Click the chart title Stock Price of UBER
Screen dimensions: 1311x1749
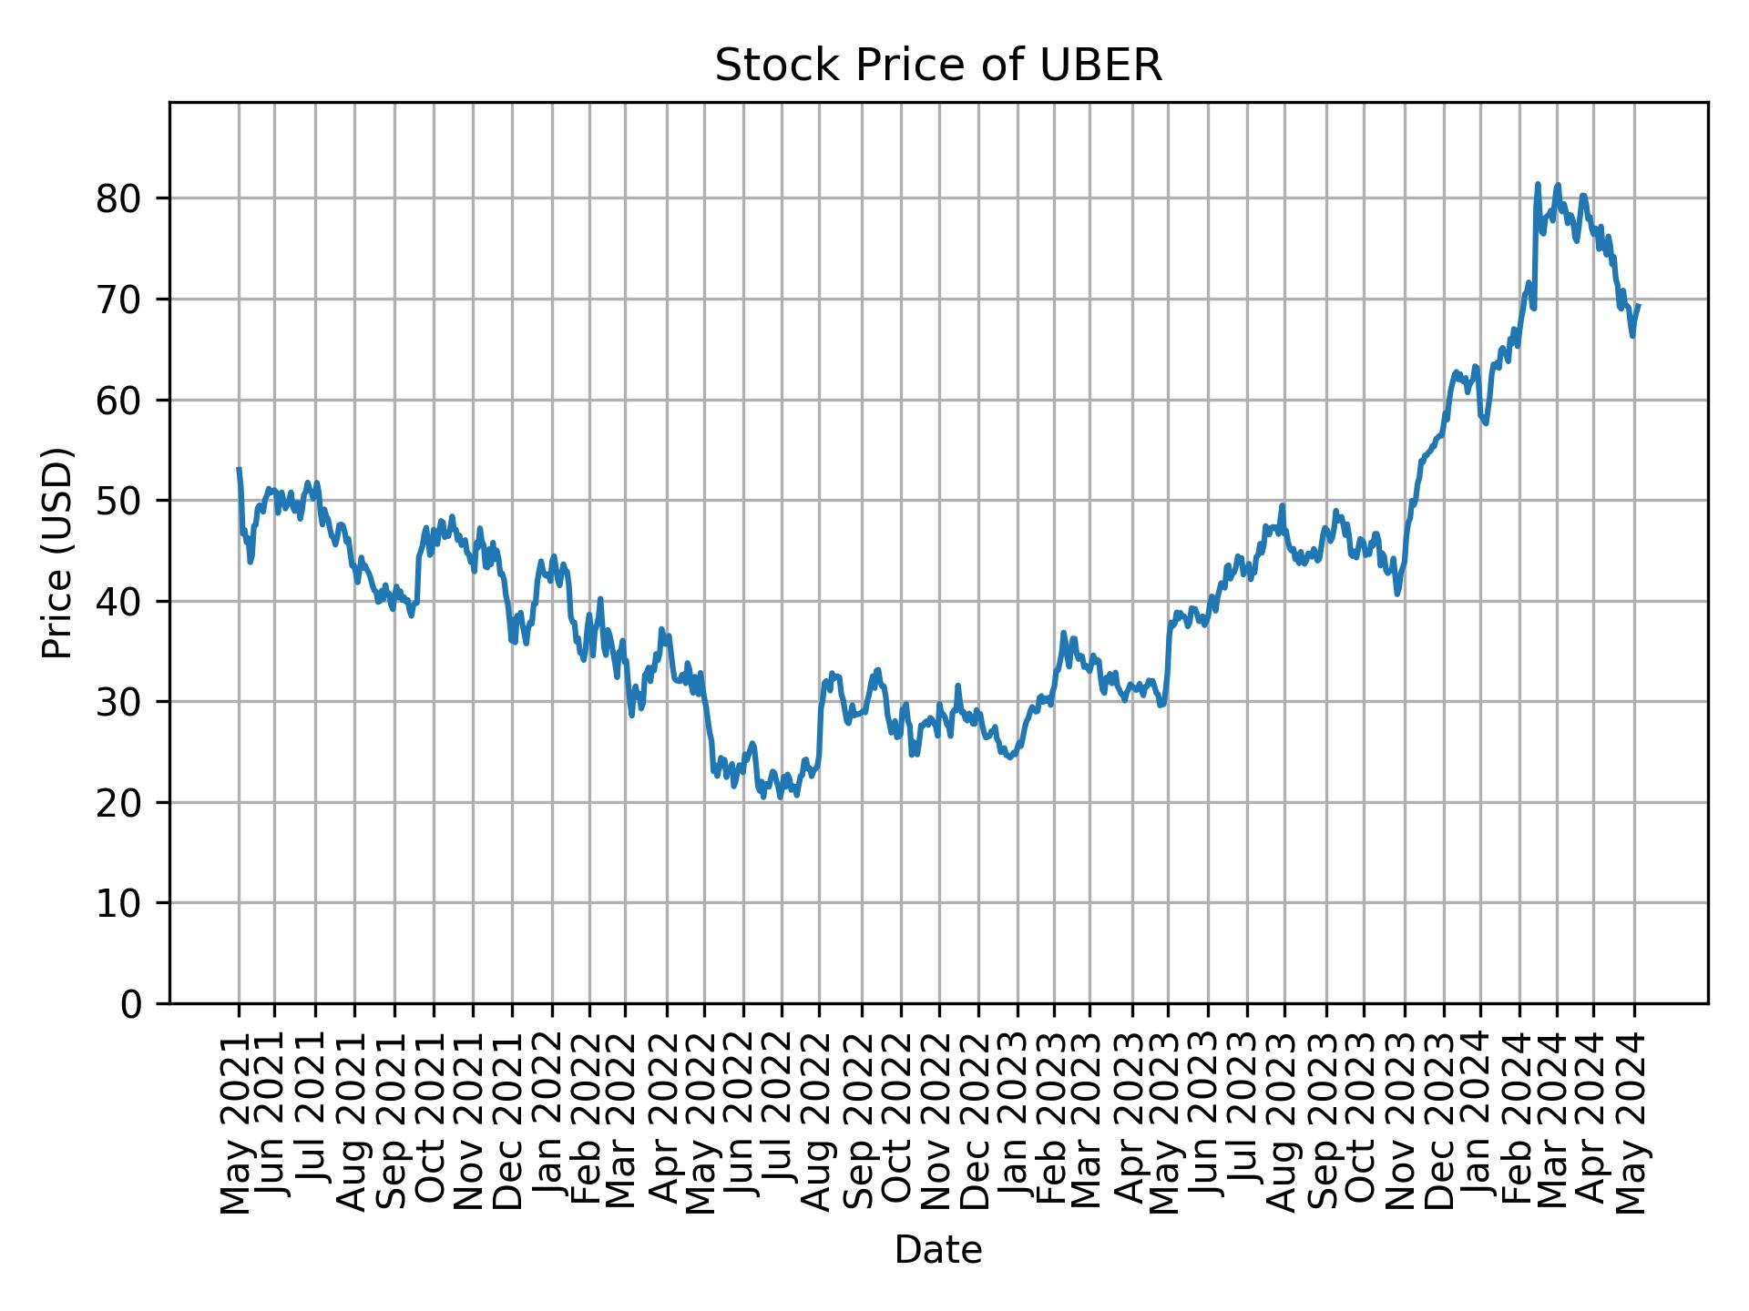(937, 66)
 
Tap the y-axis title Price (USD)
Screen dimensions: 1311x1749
(57, 553)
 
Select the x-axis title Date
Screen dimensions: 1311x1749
(937, 1250)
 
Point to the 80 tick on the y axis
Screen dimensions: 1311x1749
(119, 198)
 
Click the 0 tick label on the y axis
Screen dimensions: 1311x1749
(131, 1004)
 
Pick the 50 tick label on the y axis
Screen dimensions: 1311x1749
(119, 501)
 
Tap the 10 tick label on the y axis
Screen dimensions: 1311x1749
(119, 903)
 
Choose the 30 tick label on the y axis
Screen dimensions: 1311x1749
(119, 702)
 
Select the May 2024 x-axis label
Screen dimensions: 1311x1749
(1633, 1123)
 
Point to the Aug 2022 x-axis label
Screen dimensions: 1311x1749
(819, 1123)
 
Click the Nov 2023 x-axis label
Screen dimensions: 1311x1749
(1405, 1123)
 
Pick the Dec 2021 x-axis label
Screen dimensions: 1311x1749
(511, 1123)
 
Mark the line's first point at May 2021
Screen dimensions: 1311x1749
(239, 469)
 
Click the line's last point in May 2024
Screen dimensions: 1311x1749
(1639, 305)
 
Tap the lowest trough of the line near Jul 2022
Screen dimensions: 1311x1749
(763, 798)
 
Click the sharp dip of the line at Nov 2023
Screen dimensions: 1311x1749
(1397, 595)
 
